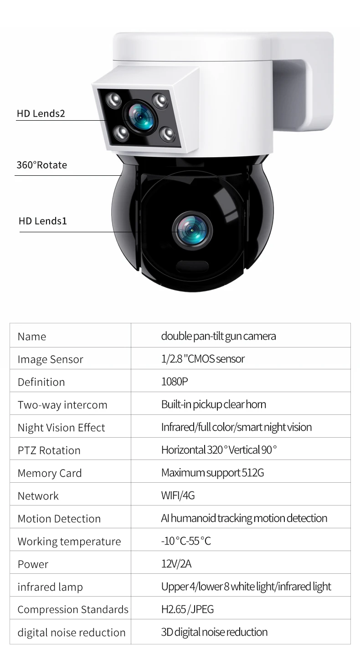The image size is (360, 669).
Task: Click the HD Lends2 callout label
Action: tap(41, 113)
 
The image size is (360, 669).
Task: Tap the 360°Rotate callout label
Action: tap(41, 165)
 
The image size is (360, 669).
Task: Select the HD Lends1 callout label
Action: tap(43, 221)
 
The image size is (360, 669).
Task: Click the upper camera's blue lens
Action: tap(139, 117)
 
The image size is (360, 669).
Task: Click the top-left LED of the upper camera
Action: tap(113, 99)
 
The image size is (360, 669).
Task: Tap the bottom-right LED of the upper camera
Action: tap(167, 133)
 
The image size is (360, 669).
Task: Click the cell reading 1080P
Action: tap(174, 382)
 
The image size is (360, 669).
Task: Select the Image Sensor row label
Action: tap(50, 359)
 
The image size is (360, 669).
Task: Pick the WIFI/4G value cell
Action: tap(178, 495)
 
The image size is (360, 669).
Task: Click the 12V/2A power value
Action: tap(176, 564)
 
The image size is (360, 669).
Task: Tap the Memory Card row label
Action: tap(49, 473)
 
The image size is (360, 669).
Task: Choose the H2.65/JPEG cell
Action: tap(187, 609)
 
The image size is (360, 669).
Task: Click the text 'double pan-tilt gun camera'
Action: tap(218, 336)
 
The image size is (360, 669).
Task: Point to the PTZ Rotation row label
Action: tap(49, 450)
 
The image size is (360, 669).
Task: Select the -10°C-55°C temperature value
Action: tap(186, 541)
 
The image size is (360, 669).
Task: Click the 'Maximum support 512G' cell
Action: tap(212, 473)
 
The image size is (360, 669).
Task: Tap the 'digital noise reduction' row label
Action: tap(71, 633)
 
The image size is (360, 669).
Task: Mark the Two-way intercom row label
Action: tap(62, 405)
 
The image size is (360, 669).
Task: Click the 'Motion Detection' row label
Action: tap(59, 519)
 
